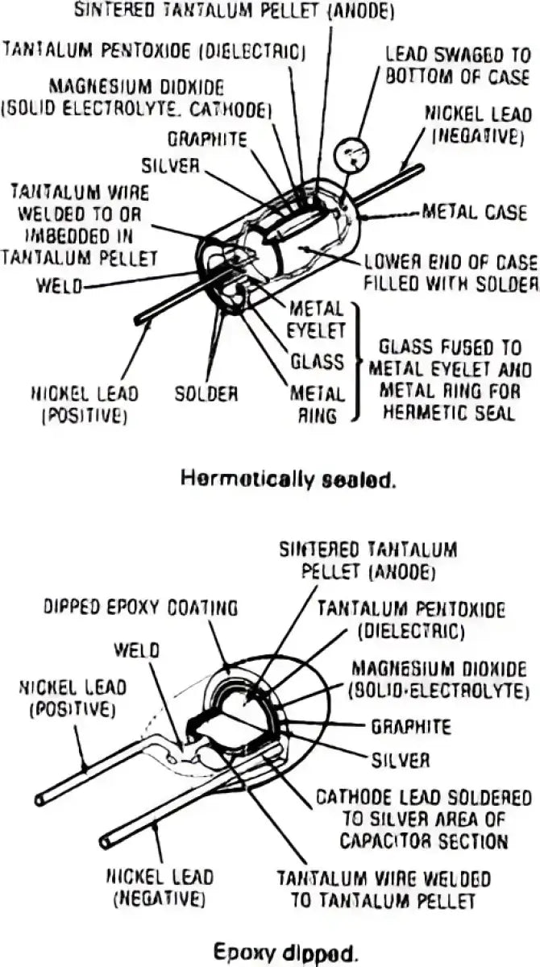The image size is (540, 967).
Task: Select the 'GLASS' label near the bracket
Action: click(317, 362)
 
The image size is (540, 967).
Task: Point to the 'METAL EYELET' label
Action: click(317, 318)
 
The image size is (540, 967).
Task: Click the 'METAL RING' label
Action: click(317, 405)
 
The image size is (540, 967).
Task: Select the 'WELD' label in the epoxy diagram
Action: click(136, 649)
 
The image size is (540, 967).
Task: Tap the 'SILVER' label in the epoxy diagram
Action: click(400, 759)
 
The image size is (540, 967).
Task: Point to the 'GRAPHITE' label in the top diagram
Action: click(207, 138)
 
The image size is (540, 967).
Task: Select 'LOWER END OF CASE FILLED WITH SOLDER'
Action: click(451, 272)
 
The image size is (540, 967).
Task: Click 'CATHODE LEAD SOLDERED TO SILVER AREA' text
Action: click(422, 819)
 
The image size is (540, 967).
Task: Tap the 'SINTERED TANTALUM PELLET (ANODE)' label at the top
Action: click(234, 10)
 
